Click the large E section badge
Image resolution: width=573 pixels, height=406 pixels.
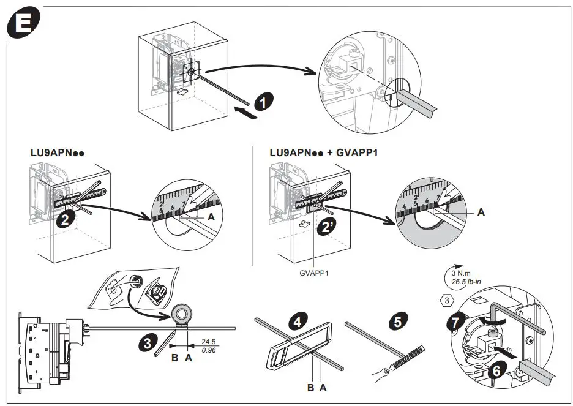[x=23, y=26]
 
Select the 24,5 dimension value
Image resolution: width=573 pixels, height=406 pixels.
[x=209, y=341]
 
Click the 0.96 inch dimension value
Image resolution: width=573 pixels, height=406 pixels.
[x=209, y=351]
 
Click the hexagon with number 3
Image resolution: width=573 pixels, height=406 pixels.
[x=448, y=300]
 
